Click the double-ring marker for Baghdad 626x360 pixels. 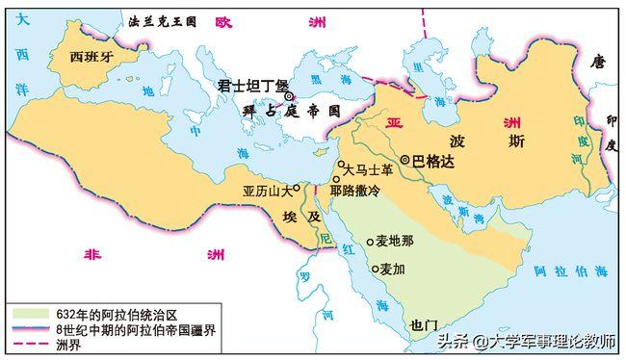pyautogui.click(x=406, y=159)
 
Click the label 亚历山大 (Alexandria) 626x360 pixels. pyautogui.click(x=266, y=191)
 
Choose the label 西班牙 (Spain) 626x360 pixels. pyautogui.click(x=94, y=56)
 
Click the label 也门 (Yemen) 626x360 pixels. pyautogui.click(x=424, y=324)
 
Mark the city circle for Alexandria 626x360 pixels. pyautogui.click(x=297, y=187)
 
